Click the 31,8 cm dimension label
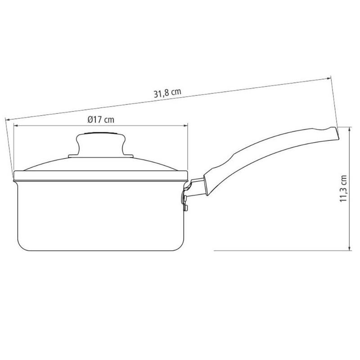point(167,93)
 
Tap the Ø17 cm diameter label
point(101,120)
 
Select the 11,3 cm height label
point(343,189)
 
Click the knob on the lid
point(101,144)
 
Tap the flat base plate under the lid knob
point(101,156)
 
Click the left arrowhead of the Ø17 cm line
point(16,126)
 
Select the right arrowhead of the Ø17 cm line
point(185,126)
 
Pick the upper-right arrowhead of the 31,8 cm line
point(328,79)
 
